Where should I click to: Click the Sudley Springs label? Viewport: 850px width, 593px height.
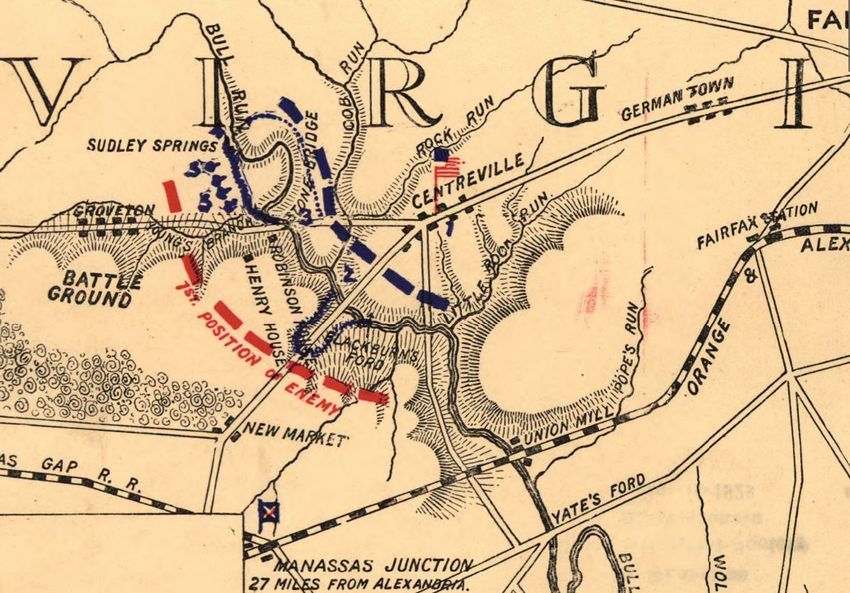pyautogui.click(x=152, y=147)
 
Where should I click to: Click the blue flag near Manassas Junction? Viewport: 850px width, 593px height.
pyautogui.click(x=268, y=513)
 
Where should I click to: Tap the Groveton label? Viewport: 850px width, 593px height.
pyautogui.click(x=103, y=211)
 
